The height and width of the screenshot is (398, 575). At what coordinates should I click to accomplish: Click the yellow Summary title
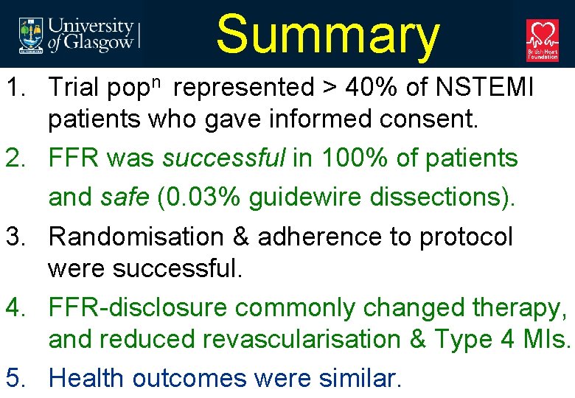pos(327,35)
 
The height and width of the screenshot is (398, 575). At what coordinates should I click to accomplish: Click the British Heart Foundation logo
pos(542,40)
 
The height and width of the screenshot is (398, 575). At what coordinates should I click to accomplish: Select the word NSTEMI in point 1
pos(484,88)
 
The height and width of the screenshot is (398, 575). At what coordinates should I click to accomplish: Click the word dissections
pos(433,198)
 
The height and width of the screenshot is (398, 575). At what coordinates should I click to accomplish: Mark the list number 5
pos(14,378)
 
